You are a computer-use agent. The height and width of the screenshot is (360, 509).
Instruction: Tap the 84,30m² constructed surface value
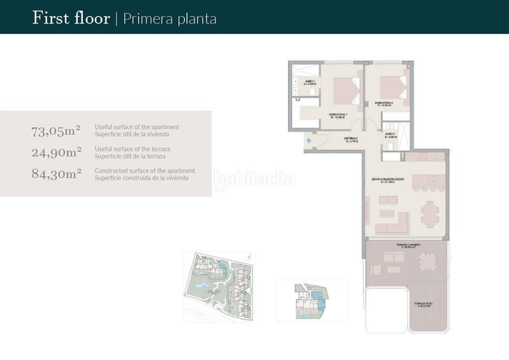56,173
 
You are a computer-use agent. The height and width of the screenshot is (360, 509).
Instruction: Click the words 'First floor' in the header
71,18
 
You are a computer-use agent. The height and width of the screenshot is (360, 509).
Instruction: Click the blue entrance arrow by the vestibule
309,141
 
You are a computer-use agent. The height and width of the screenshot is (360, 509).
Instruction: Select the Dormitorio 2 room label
384,103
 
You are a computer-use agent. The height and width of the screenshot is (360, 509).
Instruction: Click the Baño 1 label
310,83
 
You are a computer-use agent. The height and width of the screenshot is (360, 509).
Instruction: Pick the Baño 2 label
391,135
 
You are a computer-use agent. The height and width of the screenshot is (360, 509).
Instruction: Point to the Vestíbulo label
351,139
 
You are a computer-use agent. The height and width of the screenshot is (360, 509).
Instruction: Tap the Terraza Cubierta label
409,244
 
